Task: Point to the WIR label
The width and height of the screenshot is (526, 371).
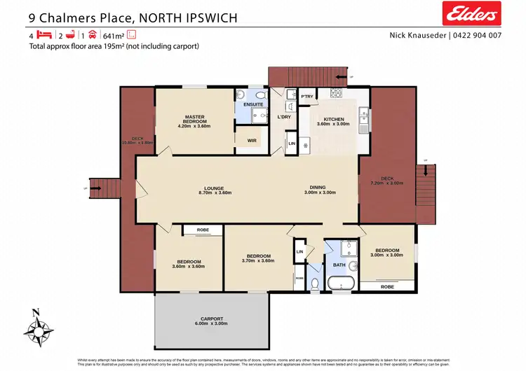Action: (x=252, y=140)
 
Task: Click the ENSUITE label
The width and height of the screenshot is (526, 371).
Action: (x=252, y=104)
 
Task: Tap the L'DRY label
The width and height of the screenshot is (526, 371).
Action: (x=284, y=116)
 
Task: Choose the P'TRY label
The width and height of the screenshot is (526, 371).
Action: (x=306, y=97)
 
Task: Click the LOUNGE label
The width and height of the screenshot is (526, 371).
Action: (x=213, y=188)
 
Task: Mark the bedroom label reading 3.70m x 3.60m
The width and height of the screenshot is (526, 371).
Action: (x=256, y=257)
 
